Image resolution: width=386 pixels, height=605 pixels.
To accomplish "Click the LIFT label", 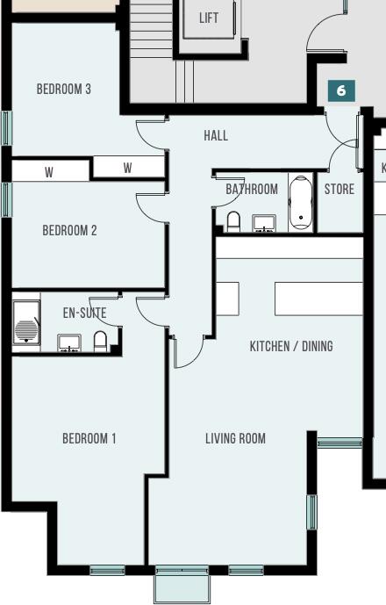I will coord(209,18).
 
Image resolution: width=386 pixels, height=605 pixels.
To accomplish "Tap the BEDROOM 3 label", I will coord(64,90).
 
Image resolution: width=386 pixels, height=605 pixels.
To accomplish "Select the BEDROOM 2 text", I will coord(69,231).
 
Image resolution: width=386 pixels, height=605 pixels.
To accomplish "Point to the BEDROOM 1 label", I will coord(89,439).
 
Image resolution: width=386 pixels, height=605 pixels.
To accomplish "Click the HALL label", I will coord(216,135).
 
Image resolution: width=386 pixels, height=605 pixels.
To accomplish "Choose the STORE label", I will coord(340,190).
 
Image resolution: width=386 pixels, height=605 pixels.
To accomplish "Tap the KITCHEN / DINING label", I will coord(291,346).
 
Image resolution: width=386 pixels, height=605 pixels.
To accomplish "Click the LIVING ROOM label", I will coord(235,439).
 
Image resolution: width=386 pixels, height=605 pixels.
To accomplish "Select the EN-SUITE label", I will coord(84,313).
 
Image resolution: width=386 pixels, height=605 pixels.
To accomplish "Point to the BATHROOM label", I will coord(252,189).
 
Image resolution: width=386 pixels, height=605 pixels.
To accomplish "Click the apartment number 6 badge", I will coord(341,90).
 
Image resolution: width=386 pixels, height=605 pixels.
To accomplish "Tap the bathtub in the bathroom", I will coord(300,204).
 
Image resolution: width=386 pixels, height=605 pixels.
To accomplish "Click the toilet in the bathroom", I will coord(233,220).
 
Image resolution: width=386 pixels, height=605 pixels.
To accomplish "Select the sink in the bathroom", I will coord(264,223).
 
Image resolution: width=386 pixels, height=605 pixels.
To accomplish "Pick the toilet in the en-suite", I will coord(100,341).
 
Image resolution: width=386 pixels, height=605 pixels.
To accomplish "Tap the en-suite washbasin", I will coord(69,342).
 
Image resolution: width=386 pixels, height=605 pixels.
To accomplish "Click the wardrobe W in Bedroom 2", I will coord(49,173).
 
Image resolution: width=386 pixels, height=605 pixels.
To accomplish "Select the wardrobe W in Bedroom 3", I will coord(128,168).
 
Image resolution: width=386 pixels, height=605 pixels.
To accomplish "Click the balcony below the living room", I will coord(182,583).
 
